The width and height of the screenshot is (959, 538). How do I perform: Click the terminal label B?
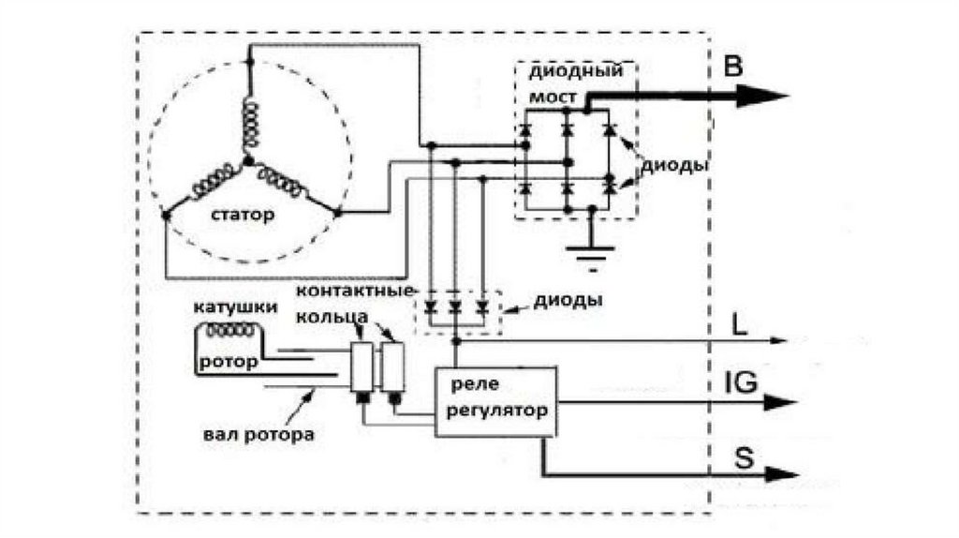click(734, 67)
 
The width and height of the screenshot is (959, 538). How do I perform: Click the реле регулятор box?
click(495, 401)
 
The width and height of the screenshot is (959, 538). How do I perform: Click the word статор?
click(243, 215)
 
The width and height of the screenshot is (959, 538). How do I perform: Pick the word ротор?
click(224, 361)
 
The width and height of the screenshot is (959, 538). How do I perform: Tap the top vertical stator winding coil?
click(249, 123)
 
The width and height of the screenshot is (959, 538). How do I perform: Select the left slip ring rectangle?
click(361, 366)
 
